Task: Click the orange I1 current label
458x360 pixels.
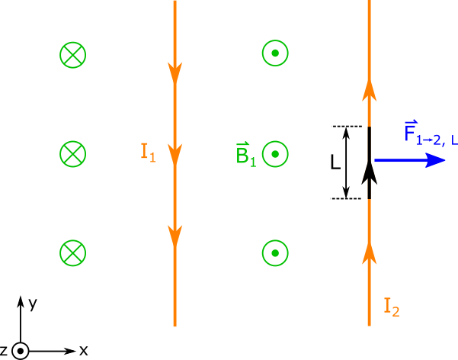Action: coord(148,153)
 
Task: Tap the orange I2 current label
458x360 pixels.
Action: coord(392,307)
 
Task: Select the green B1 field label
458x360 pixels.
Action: coord(246,154)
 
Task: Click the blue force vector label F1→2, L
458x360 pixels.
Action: coord(431,133)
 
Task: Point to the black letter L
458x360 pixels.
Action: coord(335,162)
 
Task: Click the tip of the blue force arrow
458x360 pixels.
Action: coord(445,160)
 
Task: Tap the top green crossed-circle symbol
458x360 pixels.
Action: coord(73,55)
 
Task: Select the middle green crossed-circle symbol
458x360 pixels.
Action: coord(73,154)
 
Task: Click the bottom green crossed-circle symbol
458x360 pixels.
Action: coord(73,253)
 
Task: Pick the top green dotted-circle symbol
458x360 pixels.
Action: coord(275,53)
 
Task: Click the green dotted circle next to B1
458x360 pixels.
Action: coord(275,154)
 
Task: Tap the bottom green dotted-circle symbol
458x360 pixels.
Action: coord(275,253)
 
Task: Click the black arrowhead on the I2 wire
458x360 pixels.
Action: coord(369,173)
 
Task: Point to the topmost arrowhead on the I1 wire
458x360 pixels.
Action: coord(175,72)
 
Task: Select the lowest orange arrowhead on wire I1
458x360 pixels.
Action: coord(175,236)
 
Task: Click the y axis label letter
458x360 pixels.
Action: coord(33,304)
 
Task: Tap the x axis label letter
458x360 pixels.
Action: coord(84,350)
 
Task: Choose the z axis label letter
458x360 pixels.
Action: coord(4,350)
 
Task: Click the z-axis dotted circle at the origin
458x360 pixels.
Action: coord(20,351)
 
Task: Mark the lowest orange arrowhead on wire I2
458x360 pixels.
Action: coord(369,253)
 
